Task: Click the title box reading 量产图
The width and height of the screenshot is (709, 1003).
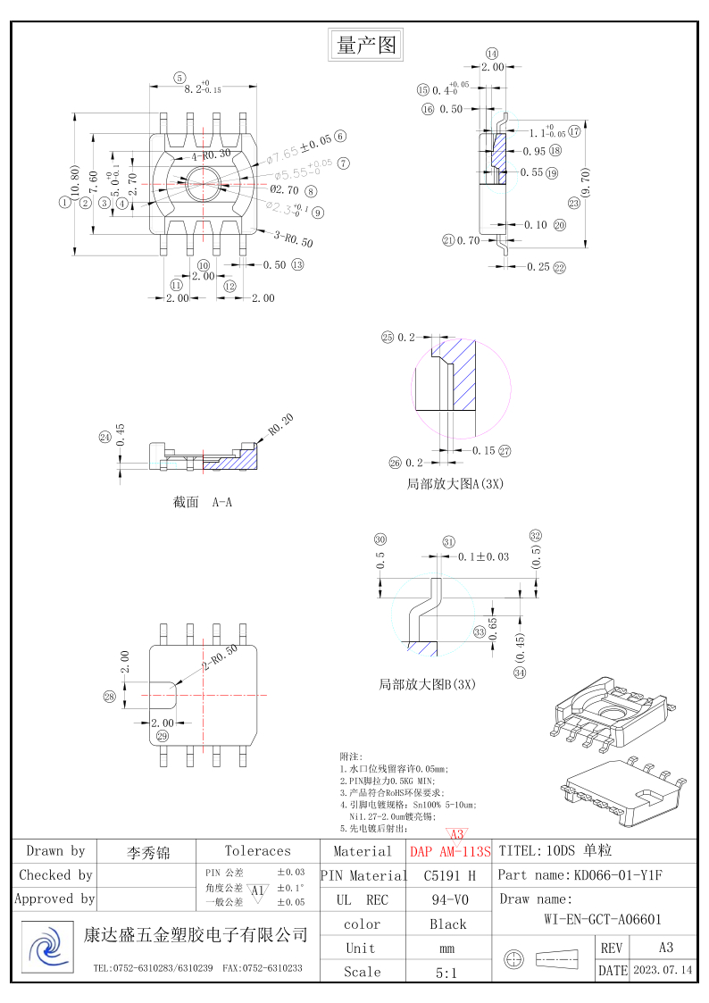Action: [x=365, y=44]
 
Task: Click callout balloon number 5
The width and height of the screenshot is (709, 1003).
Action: [x=179, y=78]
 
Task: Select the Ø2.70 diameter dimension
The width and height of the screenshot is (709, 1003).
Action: [x=284, y=190]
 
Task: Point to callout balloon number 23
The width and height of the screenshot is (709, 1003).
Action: [x=573, y=204]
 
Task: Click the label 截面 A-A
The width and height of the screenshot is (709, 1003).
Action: [x=203, y=503]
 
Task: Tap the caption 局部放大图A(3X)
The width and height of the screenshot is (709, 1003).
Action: [x=455, y=484]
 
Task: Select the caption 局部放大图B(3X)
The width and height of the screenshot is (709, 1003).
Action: [x=428, y=685]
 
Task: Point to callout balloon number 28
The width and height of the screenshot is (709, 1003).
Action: [x=110, y=697]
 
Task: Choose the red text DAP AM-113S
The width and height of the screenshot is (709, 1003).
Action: [x=451, y=852]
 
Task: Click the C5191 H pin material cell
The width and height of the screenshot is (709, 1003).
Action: [x=449, y=876]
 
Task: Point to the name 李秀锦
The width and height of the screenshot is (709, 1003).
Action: [x=148, y=852]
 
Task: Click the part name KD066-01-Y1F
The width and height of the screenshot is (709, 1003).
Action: [x=618, y=876]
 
